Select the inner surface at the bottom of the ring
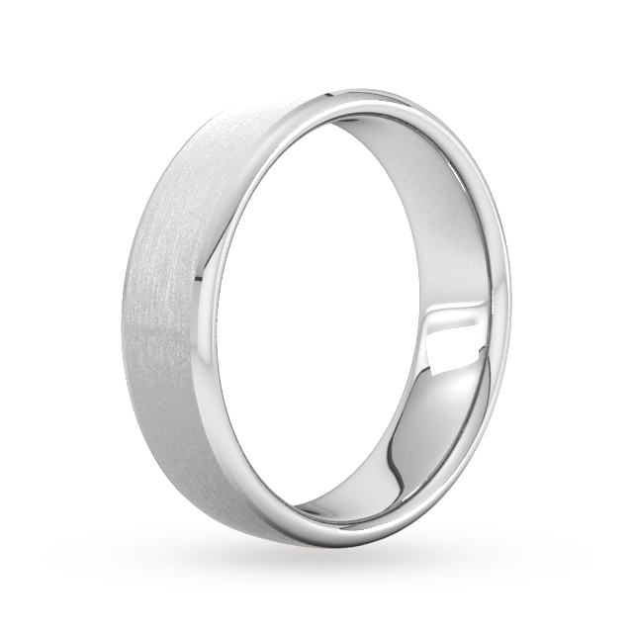coord(366,495)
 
